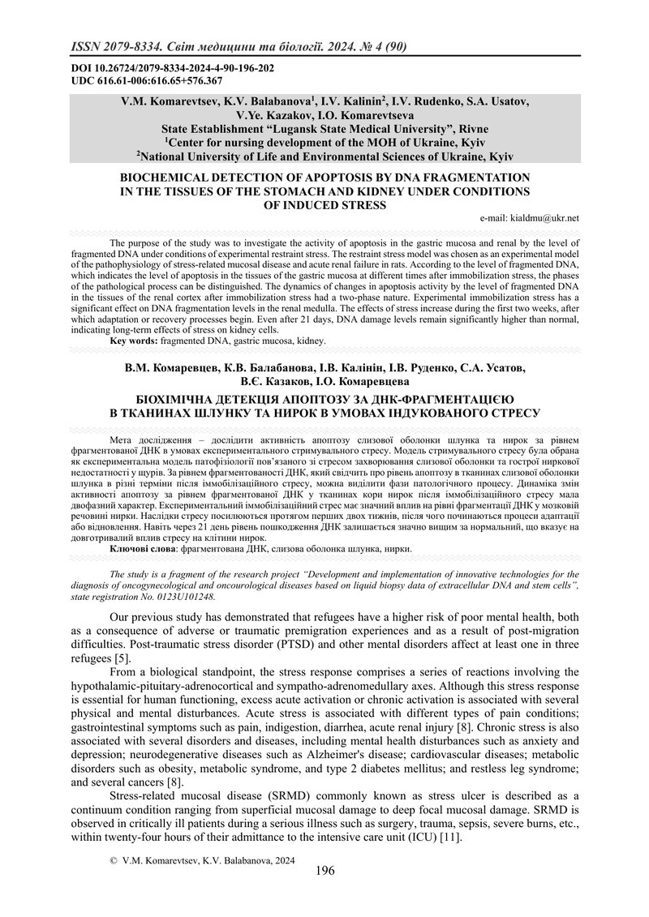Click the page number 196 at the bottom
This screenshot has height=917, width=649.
[324, 871]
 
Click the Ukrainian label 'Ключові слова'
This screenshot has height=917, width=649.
[140, 549]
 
